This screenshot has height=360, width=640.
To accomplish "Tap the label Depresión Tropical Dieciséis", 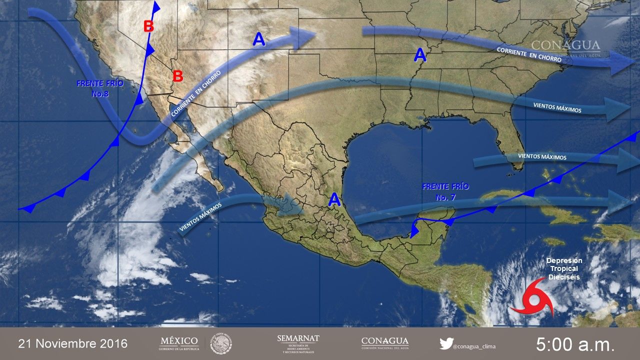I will tap(564, 268).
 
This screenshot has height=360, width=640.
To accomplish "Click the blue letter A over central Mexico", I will tap(334, 200).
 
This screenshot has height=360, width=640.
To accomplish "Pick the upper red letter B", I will tap(148, 26).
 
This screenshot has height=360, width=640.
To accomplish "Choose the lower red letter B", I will tap(177, 76).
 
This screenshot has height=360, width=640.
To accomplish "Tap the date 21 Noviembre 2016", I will tap(73, 344).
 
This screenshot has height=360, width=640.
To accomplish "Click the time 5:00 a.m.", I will tap(574, 344).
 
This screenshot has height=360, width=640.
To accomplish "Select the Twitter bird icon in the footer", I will tap(446, 343).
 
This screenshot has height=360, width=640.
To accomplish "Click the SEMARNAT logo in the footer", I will tap(298, 343).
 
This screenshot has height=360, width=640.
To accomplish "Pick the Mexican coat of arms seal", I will tap(220, 343).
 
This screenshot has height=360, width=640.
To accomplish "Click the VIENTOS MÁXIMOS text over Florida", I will tap(542, 157).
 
